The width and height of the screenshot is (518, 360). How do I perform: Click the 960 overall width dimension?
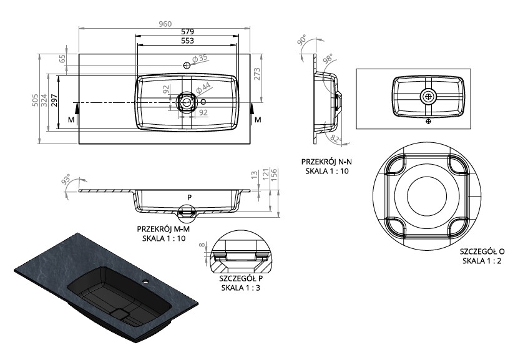pyautogui.click(x=165, y=24)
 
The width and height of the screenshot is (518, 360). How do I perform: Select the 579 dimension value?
pyautogui.click(x=187, y=32)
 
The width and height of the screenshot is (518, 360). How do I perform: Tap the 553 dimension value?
pyautogui.click(x=187, y=41)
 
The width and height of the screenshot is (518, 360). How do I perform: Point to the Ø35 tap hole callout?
pyautogui.click(x=200, y=59)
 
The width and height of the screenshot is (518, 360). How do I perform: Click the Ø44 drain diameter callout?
pyautogui.click(x=203, y=88)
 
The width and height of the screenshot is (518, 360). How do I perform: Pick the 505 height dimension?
pyautogui.click(x=35, y=100)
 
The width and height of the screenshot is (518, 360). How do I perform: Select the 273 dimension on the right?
pyautogui.click(x=257, y=74)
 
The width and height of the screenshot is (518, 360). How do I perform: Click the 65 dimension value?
pyautogui.click(x=62, y=59)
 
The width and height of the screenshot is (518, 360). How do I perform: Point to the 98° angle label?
pyautogui.click(x=328, y=59)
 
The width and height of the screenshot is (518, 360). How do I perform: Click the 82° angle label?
pyautogui.click(x=336, y=140)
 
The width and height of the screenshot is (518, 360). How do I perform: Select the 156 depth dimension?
pyautogui.click(x=274, y=175)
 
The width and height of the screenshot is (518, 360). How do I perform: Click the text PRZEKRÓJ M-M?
pyautogui.click(x=164, y=229)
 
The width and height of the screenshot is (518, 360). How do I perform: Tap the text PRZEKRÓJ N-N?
pyautogui.click(x=326, y=162)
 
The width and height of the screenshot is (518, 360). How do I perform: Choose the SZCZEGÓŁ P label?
pyautogui.click(x=241, y=278)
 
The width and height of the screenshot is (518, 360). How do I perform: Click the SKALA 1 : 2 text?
pyautogui.click(x=482, y=261)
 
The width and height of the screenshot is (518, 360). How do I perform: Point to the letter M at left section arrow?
pyautogui.click(x=71, y=120)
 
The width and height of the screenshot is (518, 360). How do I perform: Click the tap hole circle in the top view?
pyautogui.click(x=187, y=65)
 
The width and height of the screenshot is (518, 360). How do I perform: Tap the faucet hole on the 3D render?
pyautogui.click(x=145, y=283)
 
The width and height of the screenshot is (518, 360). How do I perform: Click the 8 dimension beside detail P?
pyautogui.click(x=202, y=245)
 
